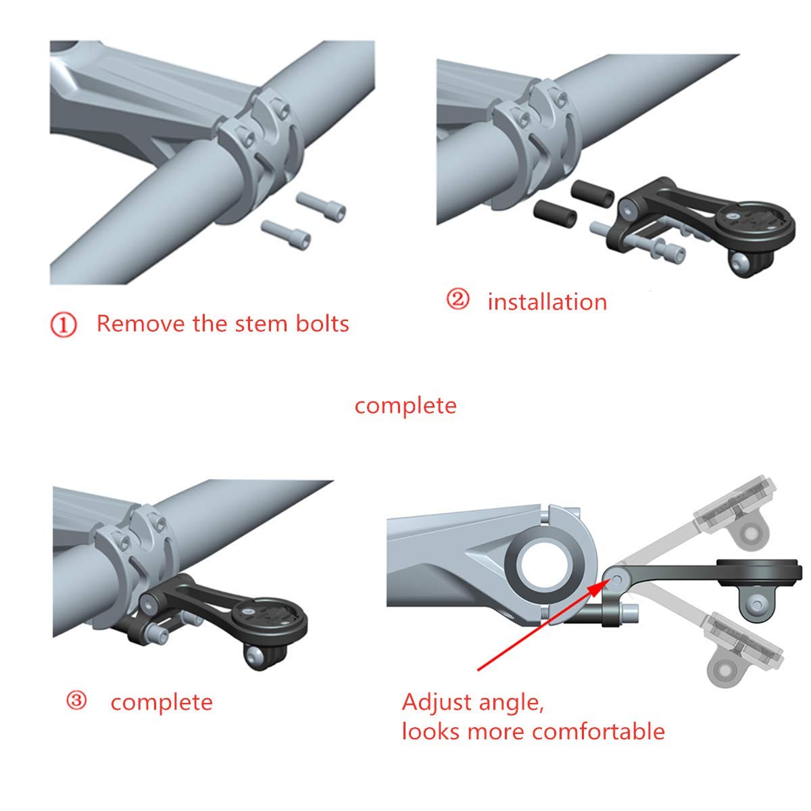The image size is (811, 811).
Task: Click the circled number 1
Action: tap(64, 325)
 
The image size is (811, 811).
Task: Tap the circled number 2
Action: tap(458, 299)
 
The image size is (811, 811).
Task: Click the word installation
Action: tap(547, 301)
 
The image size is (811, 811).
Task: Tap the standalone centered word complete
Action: tap(405, 405)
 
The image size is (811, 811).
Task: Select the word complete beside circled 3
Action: tap(162, 702)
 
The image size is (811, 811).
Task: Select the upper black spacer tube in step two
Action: tap(593, 193)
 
